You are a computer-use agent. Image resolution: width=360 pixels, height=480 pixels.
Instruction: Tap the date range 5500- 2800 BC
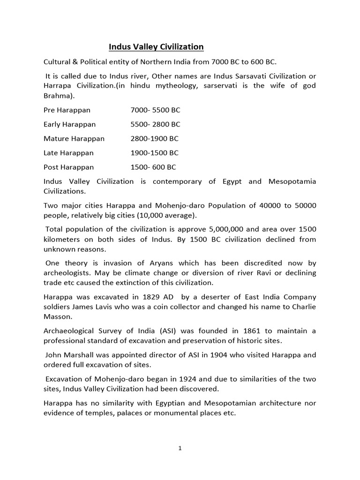[x=155, y=124]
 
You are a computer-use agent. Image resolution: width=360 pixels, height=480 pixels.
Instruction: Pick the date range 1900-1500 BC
[x=154, y=153]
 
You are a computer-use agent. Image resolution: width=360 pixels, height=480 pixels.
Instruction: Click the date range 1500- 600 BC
[x=153, y=167]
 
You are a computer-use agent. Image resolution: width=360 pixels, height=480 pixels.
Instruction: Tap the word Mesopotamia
[x=291, y=181]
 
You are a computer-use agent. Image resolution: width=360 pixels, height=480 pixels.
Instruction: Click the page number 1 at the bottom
[x=180, y=448]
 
